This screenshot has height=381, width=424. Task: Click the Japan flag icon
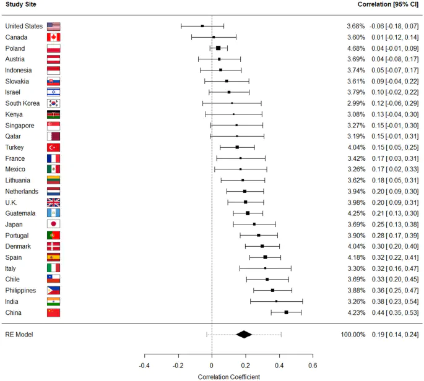coord(53,224)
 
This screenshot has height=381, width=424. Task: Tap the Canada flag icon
coord(53,37)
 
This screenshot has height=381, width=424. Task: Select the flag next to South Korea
coord(53,103)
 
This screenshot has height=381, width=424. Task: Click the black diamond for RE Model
coord(244,335)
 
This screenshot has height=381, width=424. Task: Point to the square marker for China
coord(286,312)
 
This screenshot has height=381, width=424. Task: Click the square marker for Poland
coord(218,48)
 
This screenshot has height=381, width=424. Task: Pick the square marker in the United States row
coord(202,26)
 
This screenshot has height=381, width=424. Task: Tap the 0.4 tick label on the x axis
coord(279,364)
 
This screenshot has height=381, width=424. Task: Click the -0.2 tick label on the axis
coord(178,364)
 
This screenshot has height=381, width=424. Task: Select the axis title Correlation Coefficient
coord(228,375)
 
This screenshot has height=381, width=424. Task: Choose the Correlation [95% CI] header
coord(388,5)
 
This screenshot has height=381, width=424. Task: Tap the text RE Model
coord(19,335)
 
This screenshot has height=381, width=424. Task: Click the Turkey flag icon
coord(53,147)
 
